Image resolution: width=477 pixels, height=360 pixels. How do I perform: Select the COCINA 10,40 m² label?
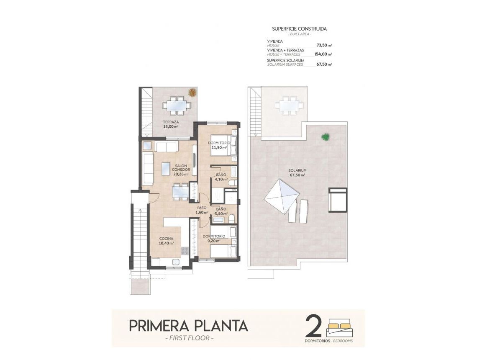pyautogui.click(x=166, y=241)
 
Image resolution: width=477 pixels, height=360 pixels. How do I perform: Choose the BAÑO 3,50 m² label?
pyautogui.click(x=221, y=211)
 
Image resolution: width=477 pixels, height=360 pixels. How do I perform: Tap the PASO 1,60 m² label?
pyautogui.click(x=202, y=210)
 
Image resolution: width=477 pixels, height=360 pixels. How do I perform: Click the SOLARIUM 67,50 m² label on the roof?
pyautogui.click(x=297, y=173)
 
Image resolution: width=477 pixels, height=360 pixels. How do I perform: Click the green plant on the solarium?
pyautogui.click(x=325, y=136)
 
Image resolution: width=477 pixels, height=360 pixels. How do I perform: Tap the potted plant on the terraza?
pyautogui.click(x=192, y=93)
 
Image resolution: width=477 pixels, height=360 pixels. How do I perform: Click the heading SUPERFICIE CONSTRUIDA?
pyautogui.click(x=299, y=29)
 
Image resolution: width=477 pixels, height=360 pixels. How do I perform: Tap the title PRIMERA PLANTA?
pyautogui.click(x=188, y=325)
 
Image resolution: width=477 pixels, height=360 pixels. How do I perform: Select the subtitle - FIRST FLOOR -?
pyautogui.click(x=189, y=338)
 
